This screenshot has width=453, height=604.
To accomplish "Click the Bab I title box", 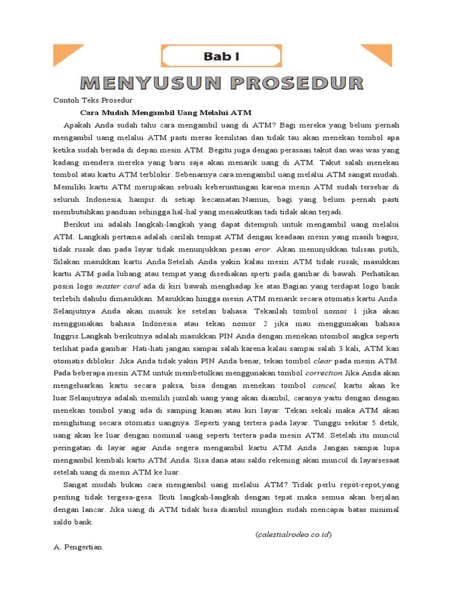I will [x=221, y=57].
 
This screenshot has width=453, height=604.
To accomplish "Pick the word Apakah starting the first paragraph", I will [x=80, y=125].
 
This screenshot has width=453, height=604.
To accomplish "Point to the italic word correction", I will [x=324, y=373].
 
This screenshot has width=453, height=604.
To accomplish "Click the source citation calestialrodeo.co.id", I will [x=294, y=534].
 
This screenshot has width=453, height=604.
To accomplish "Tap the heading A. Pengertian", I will [x=78, y=547].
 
